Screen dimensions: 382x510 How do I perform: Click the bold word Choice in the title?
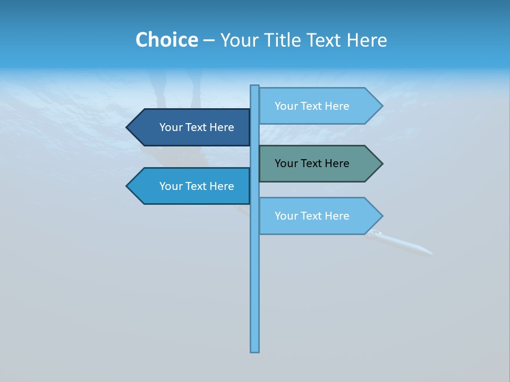coord(166,40)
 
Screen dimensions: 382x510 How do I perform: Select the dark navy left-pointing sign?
coord(191,127)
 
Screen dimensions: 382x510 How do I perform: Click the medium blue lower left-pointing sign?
coord(191,186)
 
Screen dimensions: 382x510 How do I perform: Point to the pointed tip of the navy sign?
coord(127,127)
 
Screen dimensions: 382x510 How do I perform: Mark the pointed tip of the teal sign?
coord(381,163)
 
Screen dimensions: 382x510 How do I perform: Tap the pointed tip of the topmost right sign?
coord(381,106)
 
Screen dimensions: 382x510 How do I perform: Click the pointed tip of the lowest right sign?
coord(381,216)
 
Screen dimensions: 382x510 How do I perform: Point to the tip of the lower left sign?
coord(127,186)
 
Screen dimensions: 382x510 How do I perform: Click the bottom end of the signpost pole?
coord(255,350)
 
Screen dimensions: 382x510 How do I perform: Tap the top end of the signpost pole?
coord(255,87)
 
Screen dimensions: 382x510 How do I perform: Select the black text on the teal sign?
coord(312,163)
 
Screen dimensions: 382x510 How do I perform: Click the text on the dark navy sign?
coord(197,127)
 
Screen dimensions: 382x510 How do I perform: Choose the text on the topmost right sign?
coord(312,106)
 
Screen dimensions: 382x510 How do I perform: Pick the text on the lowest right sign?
coord(312,216)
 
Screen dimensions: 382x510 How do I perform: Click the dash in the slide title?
coord(209,40)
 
